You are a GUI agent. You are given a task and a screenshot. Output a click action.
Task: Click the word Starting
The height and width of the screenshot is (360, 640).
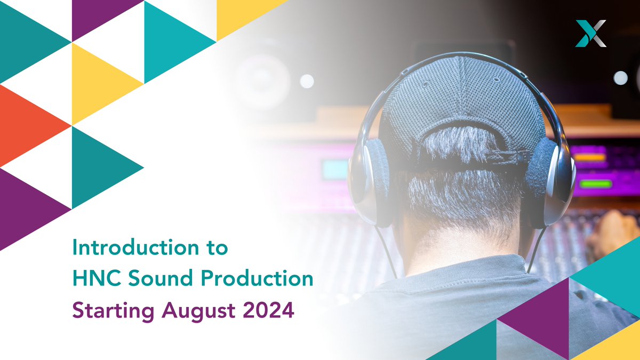(107, 310)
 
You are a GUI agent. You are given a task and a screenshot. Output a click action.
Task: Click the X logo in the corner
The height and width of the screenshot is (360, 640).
(591, 33)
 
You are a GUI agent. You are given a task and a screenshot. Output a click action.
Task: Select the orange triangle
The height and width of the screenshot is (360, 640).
(29, 125)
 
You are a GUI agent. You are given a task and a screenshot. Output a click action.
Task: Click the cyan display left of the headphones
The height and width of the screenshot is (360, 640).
(335, 170)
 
